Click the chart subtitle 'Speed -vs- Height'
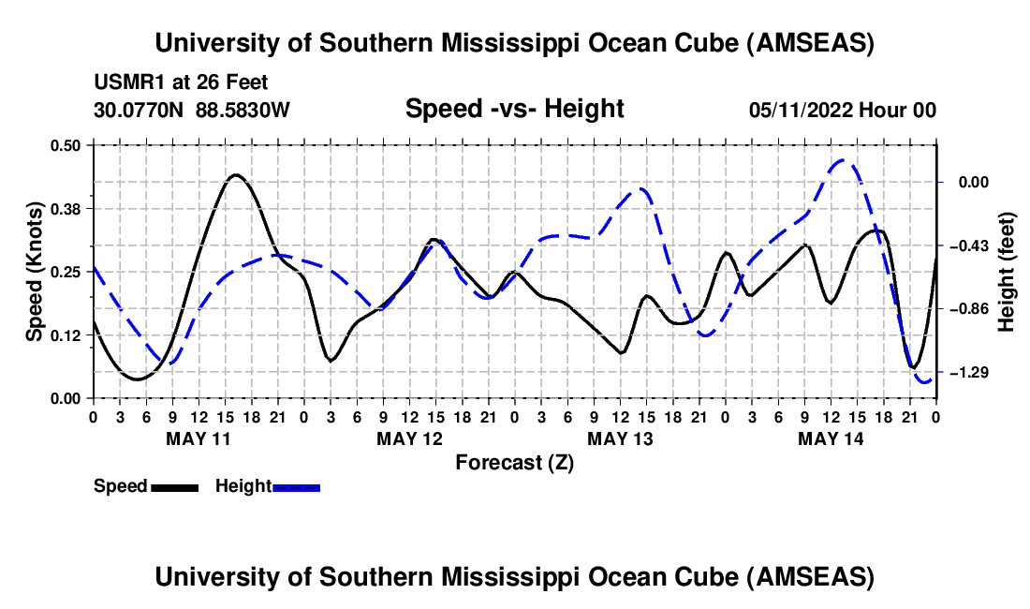click(x=514, y=109)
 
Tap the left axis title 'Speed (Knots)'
click(x=34, y=272)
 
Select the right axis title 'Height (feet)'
click(x=1006, y=272)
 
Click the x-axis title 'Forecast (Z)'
click(x=514, y=463)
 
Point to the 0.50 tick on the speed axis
click(x=65, y=145)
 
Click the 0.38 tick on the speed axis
click(x=65, y=209)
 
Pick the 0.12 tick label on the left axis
click(x=65, y=335)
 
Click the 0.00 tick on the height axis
click(x=974, y=182)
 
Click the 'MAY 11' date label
click(x=199, y=438)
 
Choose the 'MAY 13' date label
click(x=620, y=438)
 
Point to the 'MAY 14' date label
click(x=831, y=438)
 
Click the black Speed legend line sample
click(x=175, y=487)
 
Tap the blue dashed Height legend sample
click(x=296, y=487)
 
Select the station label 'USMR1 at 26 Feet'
click(x=181, y=82)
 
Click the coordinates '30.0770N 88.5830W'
click(x=191, y=110)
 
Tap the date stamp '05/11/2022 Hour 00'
click(x=843, y=110)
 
